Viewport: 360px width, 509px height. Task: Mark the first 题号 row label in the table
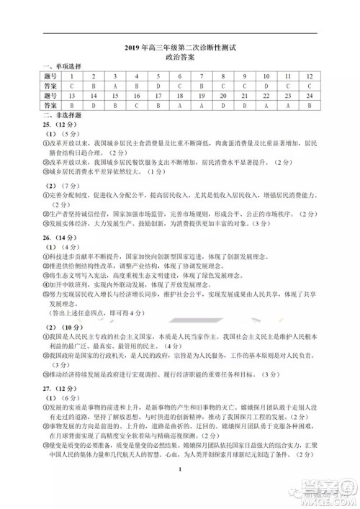[50, 76]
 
